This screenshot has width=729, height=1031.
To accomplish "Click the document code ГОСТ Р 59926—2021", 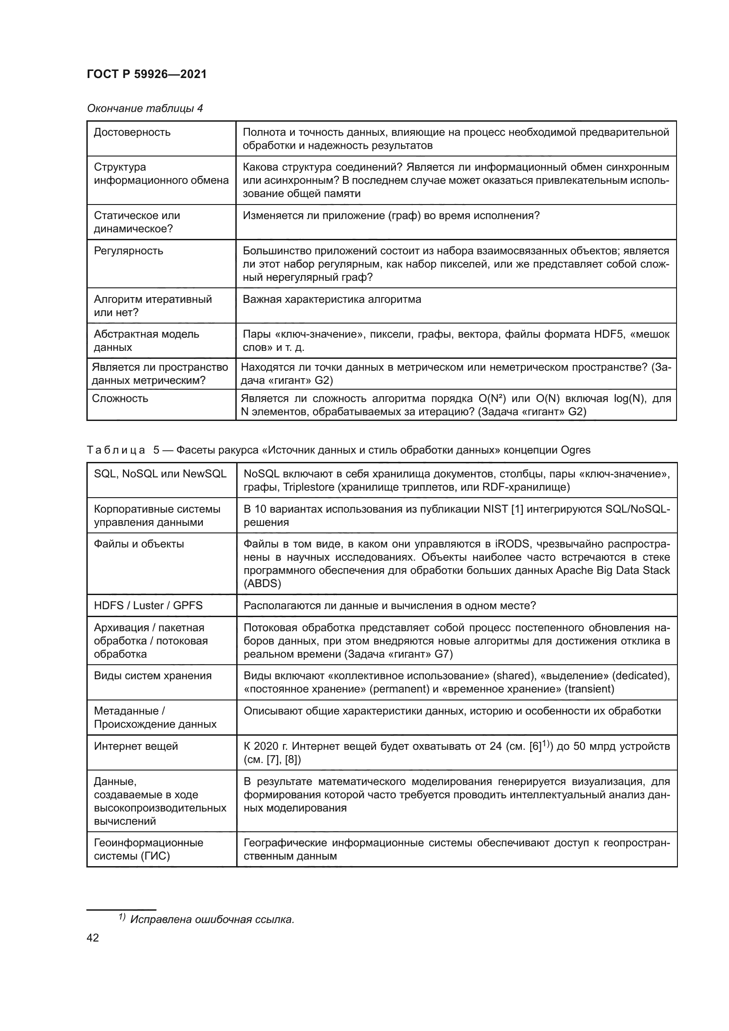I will (146, 74).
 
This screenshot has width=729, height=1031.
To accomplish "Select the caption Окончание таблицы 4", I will (145, 108).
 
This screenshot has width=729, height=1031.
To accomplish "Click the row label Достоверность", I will (132, 133).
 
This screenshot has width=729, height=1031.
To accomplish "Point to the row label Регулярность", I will (128, 251).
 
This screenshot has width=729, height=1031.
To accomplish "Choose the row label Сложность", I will (120, 399).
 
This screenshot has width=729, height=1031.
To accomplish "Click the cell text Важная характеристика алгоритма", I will (332, 299).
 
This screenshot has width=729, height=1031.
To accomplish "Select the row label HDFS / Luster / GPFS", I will (148, 606).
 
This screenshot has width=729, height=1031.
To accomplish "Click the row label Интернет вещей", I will (136, 746).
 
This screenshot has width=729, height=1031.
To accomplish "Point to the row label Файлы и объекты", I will (139, 544).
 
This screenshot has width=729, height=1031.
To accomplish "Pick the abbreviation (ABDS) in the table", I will (262, 584).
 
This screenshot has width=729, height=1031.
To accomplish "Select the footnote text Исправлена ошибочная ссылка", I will (212, 919).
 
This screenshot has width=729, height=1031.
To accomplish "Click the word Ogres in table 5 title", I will (576, 450).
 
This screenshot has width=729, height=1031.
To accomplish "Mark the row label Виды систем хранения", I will (152, 676).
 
